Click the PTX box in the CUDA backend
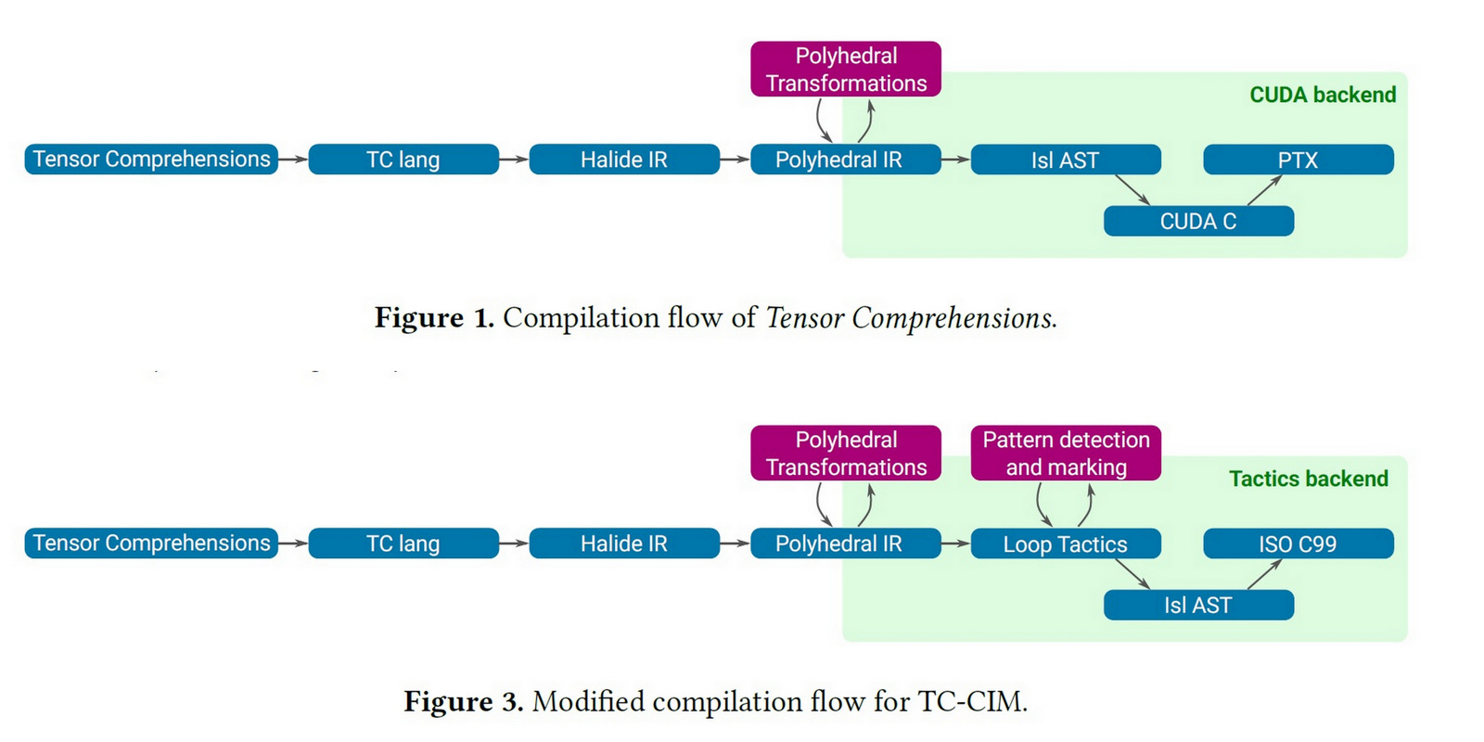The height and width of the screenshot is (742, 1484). (1298, 160)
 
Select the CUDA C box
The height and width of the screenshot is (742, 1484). (1198, 222)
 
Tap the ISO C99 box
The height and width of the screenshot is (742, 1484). (1298, 544)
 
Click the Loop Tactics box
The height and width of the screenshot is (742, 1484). (1065, 544)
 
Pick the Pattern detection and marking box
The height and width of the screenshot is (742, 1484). (1066, 453)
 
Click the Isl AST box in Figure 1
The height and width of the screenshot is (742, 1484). (1065, 160)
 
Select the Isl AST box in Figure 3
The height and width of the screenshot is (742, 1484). (1198, 605)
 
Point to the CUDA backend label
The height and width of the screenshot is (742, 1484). (1322, 95)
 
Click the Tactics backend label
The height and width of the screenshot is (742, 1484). (1308, 479)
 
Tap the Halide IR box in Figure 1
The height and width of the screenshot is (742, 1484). (623, 160)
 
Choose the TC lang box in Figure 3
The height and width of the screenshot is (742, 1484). (403, 544)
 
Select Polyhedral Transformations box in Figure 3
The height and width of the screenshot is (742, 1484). (845, 453)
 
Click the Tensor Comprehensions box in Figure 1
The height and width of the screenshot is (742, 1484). (151, 159)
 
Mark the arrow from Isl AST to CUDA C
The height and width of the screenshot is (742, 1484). (1132, 190)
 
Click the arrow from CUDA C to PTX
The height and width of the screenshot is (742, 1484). (1264, 190)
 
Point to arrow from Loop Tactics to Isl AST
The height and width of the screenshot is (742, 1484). (1132, 574)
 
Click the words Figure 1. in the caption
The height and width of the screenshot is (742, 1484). (433, 318)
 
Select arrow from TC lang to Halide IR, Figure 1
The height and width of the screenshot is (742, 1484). (513, 160)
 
